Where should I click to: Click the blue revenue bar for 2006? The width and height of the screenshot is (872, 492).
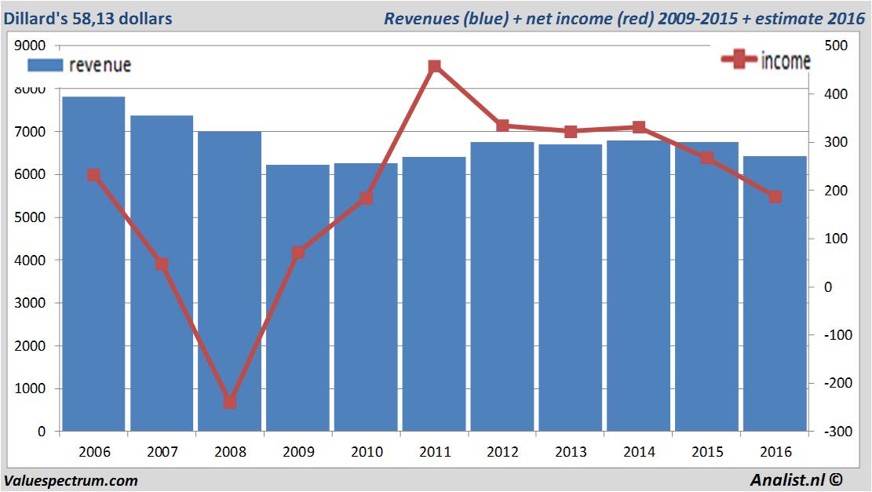93,314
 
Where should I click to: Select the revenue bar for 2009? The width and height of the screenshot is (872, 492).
298,330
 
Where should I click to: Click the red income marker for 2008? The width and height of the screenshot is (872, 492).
230,402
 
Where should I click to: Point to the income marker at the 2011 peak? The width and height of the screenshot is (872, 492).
435,67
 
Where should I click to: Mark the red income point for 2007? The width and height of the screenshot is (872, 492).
162,264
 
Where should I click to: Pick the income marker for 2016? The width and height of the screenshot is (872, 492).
775,196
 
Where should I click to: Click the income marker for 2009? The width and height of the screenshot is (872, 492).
298,253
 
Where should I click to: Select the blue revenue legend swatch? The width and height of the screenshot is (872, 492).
46,64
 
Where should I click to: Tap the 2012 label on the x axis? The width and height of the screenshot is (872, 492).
502,452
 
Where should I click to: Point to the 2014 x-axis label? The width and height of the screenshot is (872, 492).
639,452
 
